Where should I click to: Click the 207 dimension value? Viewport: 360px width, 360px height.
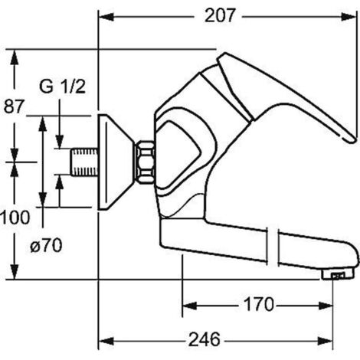(x=219, y=15)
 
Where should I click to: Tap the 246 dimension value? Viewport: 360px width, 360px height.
(x=204, y=339)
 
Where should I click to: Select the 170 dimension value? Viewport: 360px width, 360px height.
(x=259, y=304)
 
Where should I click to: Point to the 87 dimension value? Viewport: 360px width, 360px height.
(x=14, y=106)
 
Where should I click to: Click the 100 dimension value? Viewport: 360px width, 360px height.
(x=15, y=218)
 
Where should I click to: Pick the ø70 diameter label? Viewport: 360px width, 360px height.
(x=46, y=246)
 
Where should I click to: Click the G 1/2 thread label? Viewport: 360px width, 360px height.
(x=62, y=87)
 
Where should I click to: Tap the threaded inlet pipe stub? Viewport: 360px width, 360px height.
(x=84, y=162)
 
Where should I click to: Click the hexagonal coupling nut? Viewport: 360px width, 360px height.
(x=145, y=162)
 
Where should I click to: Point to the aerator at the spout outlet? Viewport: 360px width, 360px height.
(x=338, y=275)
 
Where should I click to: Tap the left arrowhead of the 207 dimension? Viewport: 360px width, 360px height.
(x=106, y=17)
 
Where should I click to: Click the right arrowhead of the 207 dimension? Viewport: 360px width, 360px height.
(x=349, y=17)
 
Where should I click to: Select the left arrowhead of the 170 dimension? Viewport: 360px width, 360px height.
(x=189, y=306)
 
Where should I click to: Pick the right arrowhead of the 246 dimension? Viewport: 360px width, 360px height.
(x=326, y=341)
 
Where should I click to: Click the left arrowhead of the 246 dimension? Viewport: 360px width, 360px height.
(x=106, y=341)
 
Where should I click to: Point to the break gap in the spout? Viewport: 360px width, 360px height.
(x=273, y=247)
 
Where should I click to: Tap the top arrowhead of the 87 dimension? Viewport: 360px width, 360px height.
(x=15, y=57)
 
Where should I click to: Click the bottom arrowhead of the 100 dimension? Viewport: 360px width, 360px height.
(x=15, y=272)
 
